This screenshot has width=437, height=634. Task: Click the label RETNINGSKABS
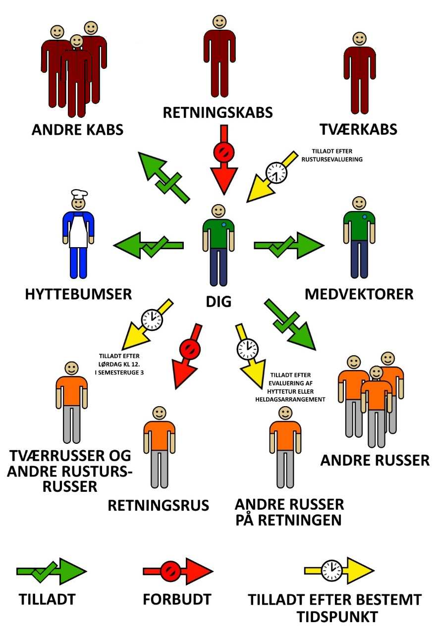point(218,112)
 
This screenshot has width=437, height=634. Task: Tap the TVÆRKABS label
point(358,129)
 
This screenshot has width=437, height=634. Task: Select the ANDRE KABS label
point(77,130)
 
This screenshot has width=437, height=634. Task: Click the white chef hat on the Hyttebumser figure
point(78,193)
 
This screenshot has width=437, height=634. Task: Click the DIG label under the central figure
point(218,301)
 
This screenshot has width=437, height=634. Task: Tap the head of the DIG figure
point(218,210)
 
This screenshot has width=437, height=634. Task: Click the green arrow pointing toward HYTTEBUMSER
point(149,245)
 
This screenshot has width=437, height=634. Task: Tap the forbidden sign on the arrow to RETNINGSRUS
point(188,348)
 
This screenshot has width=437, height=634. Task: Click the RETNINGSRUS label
point(159,505)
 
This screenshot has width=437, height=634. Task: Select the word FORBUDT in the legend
point(177,599)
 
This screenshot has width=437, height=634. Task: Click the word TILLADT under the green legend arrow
point(47,599)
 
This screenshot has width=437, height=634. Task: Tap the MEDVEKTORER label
point(359,294)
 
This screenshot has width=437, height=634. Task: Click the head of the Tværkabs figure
point(359,39)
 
